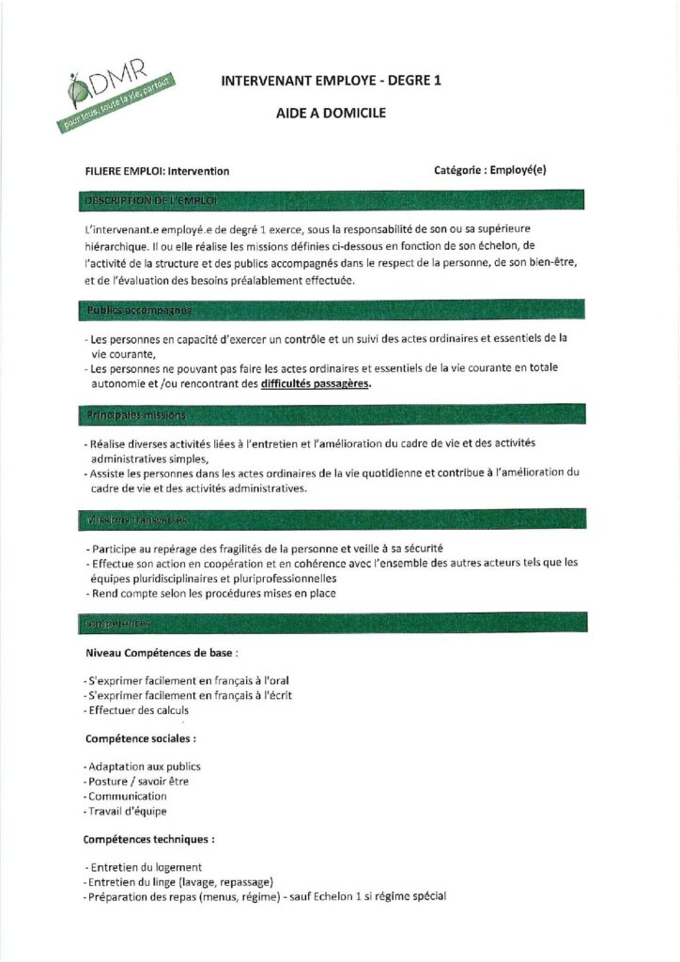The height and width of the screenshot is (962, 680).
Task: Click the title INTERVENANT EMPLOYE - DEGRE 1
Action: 331,81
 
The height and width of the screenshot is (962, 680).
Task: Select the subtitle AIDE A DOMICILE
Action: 331,114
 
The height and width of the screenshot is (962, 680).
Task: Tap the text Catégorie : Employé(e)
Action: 490,170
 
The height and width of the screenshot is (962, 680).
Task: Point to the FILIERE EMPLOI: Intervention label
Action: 158,171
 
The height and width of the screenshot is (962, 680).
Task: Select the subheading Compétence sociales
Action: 141,738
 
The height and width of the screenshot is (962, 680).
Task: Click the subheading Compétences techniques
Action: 148,839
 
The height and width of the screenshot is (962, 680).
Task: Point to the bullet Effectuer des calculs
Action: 137,710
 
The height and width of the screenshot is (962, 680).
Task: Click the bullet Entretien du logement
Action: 144,867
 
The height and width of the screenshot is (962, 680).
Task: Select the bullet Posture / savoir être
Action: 137,782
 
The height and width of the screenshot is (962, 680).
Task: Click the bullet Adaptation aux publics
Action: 143,767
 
